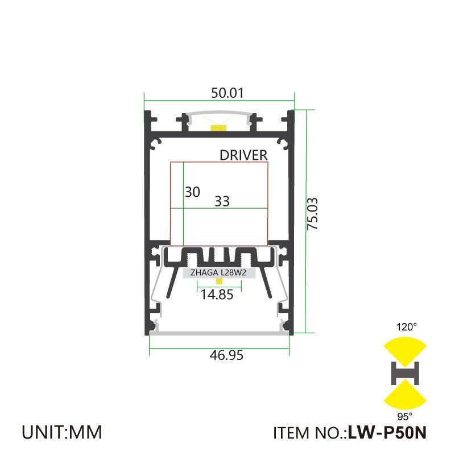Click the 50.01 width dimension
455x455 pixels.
(x=219, y=93)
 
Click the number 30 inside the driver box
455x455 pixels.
(x=193, y=192)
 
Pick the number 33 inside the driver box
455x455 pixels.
(x=222, y=201)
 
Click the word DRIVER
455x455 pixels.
(x=243, y=155)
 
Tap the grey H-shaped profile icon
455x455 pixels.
(x=405, y=373)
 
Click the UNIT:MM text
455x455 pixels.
(x=62, y=432)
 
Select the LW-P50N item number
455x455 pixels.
(x=387, y=433)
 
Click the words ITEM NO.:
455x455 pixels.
(x=310, y=433)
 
